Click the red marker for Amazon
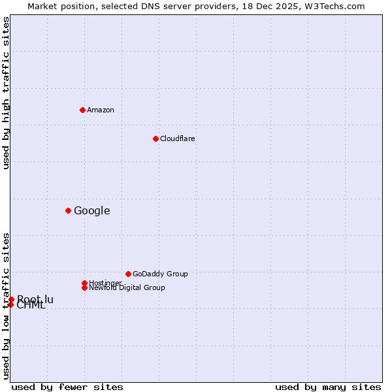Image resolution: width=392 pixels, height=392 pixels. pos(82,110)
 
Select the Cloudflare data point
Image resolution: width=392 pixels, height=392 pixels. pos(155,139)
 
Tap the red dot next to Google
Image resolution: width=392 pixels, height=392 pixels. pos(68,210)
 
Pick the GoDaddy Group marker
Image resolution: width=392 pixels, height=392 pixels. pos(128,274)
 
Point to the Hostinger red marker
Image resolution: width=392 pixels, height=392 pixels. pos(84,283)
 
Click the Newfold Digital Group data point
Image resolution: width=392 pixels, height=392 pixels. pos(84,287)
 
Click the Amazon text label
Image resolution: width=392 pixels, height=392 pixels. pos(101,110)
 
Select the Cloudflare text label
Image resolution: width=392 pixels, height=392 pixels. pos(177,139)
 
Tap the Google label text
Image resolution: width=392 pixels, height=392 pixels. pos(91,210)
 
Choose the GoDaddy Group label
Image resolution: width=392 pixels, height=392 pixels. pos(160,274)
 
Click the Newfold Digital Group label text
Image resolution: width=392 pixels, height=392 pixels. pos(127,288)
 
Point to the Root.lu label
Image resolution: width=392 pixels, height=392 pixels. pos(35,299)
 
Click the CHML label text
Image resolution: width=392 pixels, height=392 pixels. pos(31,306)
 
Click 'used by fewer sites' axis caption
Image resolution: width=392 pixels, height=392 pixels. pos(67,387)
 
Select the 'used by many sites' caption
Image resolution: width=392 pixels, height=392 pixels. pos(328,387)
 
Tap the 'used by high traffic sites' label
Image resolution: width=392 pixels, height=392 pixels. pos(6,93)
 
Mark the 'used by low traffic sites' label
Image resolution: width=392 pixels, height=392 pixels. pos(6,306)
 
